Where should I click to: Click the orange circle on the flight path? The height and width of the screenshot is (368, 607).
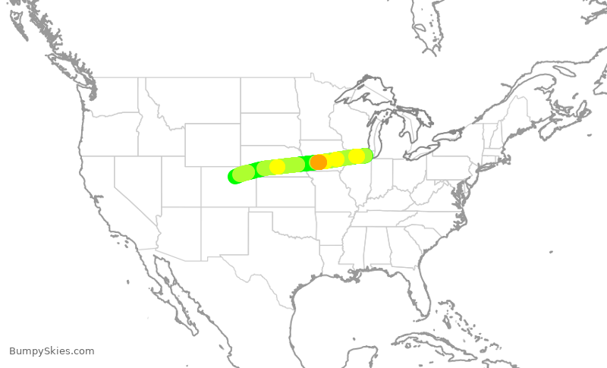click(x=319, y=162)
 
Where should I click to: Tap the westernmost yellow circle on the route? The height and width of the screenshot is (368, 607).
click(x=278, y=167)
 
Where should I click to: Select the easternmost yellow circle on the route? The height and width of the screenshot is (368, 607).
click(x=357, y=156)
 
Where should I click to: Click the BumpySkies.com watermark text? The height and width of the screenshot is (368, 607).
click(x=52, y=351)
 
